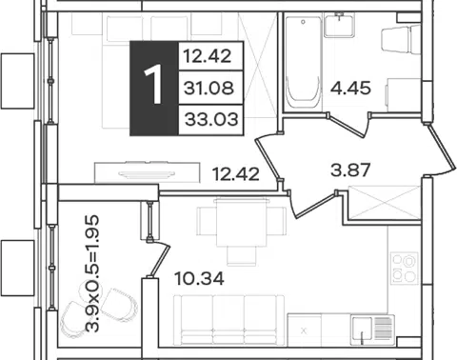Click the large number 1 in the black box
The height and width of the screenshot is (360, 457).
point(153,85)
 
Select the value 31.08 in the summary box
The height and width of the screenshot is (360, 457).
point(209,88)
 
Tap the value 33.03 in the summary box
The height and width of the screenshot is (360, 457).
point(211,120)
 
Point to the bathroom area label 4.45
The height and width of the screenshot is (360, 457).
point(350,88)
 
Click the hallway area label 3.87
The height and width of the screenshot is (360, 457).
point(350,170)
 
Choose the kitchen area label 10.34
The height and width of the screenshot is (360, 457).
point(200,279)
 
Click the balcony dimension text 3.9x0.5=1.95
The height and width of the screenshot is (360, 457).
point(92,273)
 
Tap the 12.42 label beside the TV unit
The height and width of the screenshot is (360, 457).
point(236,174)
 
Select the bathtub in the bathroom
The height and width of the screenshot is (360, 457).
point(303,63)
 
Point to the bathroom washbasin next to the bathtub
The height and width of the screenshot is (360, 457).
point(339,25)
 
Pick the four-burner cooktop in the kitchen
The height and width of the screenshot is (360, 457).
point(405,268)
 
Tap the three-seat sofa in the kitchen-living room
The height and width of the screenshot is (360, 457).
point(228,320)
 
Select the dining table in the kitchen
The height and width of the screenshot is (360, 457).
point(242,223)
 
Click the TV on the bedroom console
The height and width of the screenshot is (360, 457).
point(147,173)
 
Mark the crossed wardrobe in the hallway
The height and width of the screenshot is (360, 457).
point(385,203)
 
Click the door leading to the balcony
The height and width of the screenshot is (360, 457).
point(159,258)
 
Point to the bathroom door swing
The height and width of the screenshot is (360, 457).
point(348,125)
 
